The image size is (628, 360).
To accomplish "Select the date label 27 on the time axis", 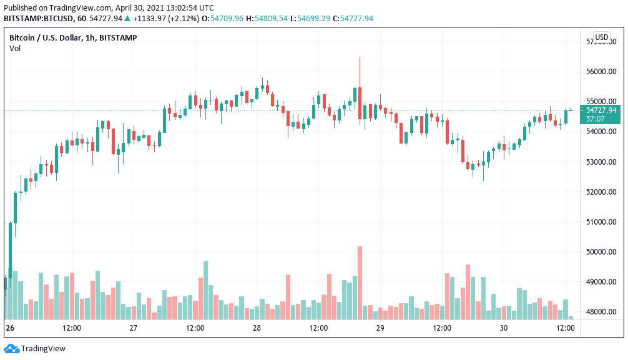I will coord(133,328).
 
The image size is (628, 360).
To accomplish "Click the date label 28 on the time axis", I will coord(257,328).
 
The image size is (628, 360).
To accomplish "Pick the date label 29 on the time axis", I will coord(380,328).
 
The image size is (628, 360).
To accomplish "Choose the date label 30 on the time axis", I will coord(504,328).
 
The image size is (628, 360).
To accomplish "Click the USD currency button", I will coord(602,37).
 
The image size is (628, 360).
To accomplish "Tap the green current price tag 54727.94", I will coord(601,110).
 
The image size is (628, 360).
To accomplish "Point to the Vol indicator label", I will coord(15,49).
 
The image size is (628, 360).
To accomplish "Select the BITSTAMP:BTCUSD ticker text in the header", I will coord(38,19).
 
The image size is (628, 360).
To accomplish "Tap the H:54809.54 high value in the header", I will coord(267,19).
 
